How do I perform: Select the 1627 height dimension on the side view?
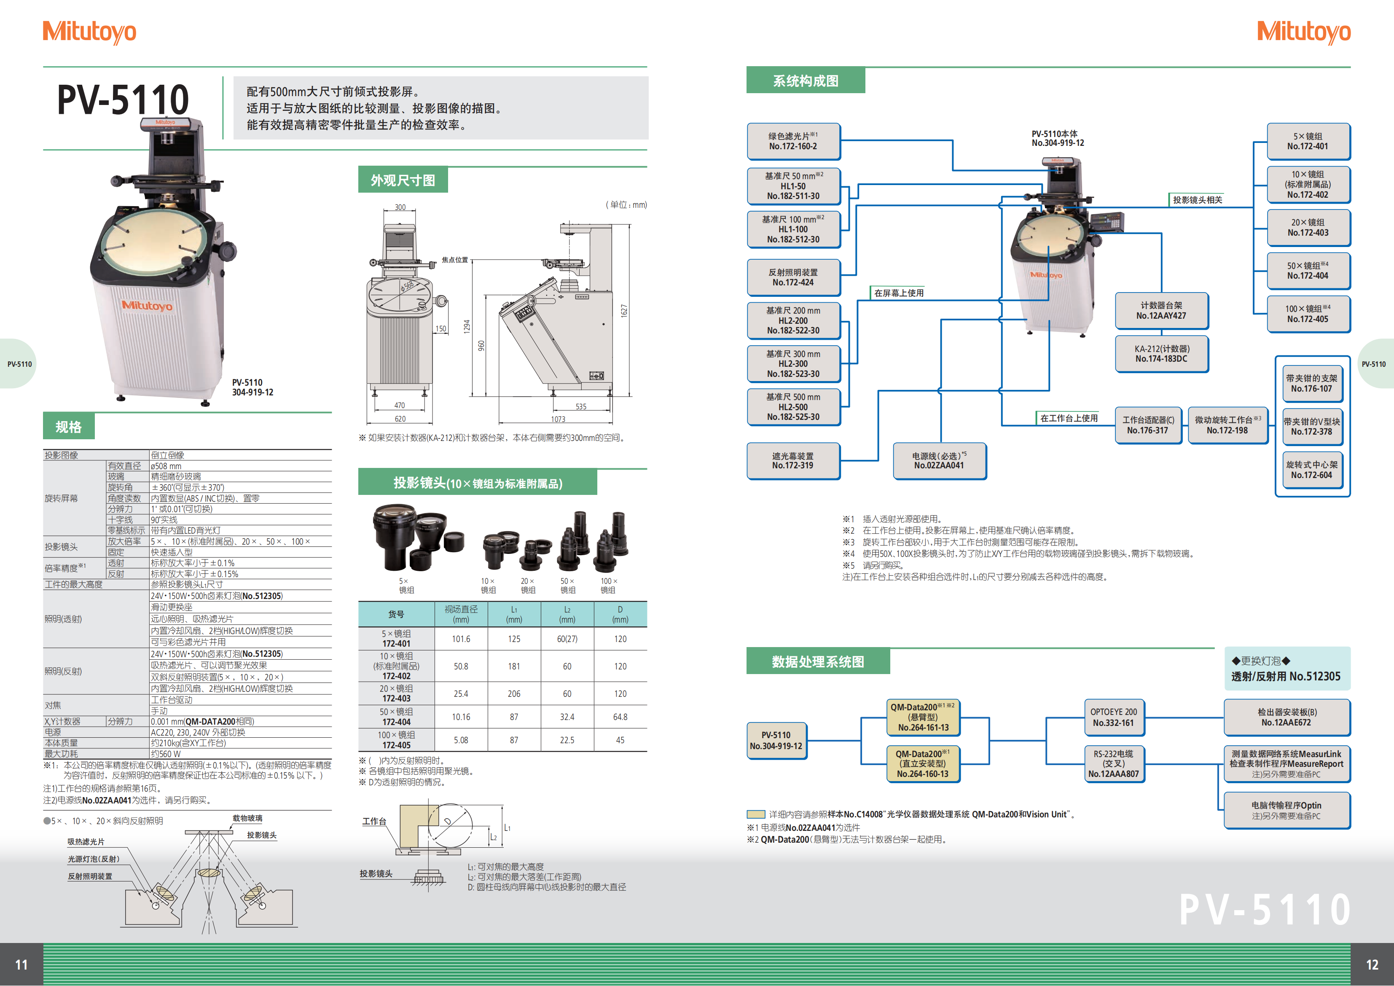(x=623, y=311)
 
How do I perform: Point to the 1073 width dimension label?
(x=558, y=419)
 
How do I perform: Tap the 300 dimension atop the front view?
(x=400, y=207)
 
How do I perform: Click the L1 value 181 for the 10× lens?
(x=514, y=666)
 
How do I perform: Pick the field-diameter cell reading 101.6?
(x=461, y=639)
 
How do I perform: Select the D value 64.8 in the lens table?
(x=620, y=717)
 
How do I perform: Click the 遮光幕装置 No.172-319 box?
(x=793, y=461)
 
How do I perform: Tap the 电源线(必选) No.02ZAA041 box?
(x=939, y=461)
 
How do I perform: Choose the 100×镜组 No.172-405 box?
(x=1308, y=314)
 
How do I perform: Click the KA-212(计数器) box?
(x=1161, y=354)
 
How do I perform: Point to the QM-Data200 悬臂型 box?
(x=923, y=717)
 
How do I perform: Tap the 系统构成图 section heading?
(x=805, y=81)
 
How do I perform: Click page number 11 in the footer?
(x=21, y=964)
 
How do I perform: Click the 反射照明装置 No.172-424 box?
(x=793, y=277)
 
